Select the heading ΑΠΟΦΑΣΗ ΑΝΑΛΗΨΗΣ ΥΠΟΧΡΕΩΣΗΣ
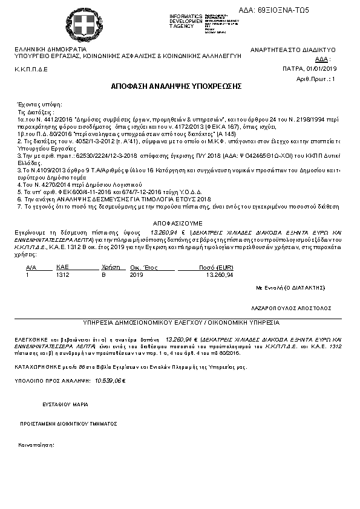click(176, 86)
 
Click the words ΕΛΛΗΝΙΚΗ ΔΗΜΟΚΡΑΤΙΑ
click(50, 49)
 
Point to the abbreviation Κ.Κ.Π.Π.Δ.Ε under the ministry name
click(31, 70)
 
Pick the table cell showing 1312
click(62, 274)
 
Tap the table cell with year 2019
click(136, 274)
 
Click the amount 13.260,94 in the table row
click(220, 274)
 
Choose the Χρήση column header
click(108, 267)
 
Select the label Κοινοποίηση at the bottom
click(37, 444)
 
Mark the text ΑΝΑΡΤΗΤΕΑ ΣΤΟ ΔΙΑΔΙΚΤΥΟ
click(293, 50)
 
